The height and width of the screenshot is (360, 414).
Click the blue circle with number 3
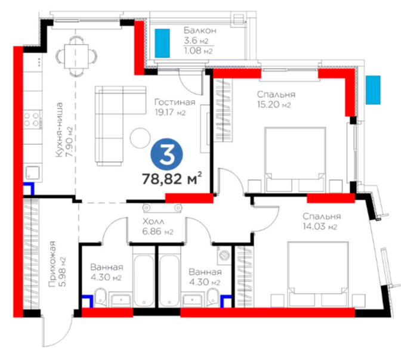point(166,156)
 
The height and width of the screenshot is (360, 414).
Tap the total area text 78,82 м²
point(172,178)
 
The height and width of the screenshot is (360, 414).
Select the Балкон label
point(200,30)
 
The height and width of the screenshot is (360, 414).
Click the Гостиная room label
point(175,102)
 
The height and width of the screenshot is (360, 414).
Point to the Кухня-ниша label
point(60,130)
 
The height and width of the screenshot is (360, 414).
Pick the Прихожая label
point(52,263)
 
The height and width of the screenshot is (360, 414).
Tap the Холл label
point(153,221)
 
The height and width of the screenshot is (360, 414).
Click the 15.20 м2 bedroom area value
point(274,105)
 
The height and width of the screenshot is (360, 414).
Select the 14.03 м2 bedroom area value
point(320,226)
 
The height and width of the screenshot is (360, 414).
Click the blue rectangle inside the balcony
point(162,44)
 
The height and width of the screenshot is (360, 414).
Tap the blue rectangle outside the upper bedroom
point(373,90)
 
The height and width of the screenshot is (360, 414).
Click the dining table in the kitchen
point(76,56)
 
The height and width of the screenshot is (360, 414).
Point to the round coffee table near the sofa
point(140,138)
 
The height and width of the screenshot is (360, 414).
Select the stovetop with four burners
point(31,119)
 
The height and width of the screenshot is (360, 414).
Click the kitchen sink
point(33,173)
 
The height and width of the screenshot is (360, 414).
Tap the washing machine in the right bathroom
point(224,255)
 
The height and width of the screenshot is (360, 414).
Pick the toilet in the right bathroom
point(214,297)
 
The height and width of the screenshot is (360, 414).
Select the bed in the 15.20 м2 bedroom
point(295,160)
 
